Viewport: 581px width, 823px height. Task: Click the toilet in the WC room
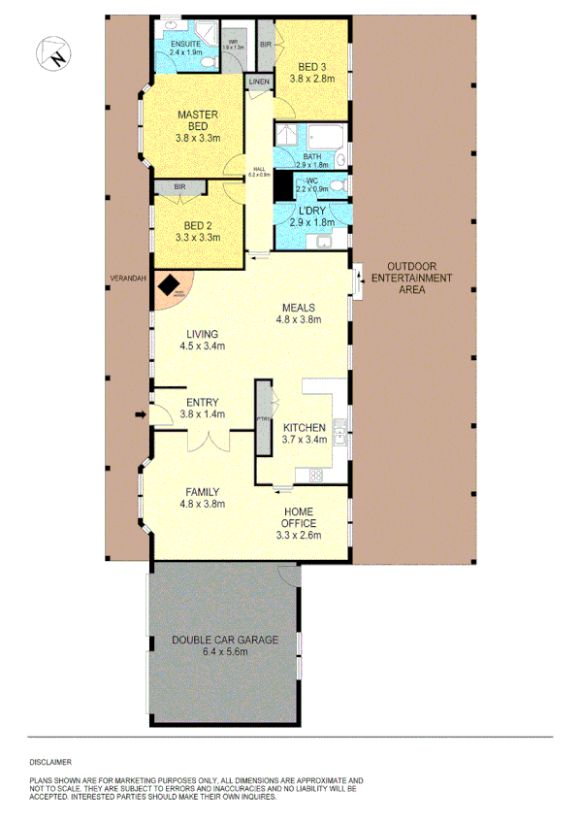(x=337, y=181)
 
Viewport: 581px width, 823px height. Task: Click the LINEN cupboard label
(x=258, y=82)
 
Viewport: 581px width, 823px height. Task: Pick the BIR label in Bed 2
(x=179, y=186)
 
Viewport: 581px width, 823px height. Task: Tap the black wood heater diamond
(x=171, y=284)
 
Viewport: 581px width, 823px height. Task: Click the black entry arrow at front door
(x=141, y=415)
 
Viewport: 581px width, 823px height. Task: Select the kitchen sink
(x=340, y=429)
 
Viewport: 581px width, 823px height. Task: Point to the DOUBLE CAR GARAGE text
(x=224, y=640)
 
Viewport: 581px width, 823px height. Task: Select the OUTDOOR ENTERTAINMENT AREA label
(x=419, y=278)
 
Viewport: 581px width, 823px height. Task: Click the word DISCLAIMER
(x=48, y=764)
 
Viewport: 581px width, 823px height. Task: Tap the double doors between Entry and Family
(x=205, y=441)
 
